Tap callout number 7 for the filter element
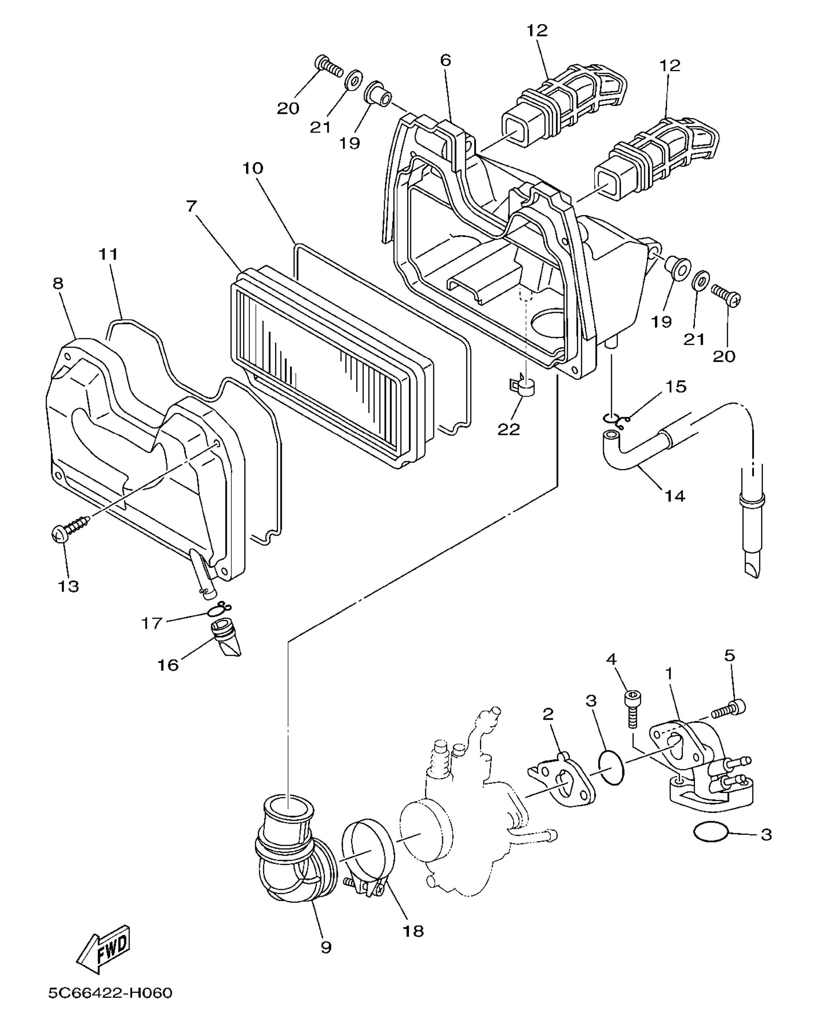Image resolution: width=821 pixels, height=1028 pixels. (191, 206)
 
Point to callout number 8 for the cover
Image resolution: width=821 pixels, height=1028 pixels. (58, 283)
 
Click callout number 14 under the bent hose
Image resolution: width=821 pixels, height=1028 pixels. (675, 496)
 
